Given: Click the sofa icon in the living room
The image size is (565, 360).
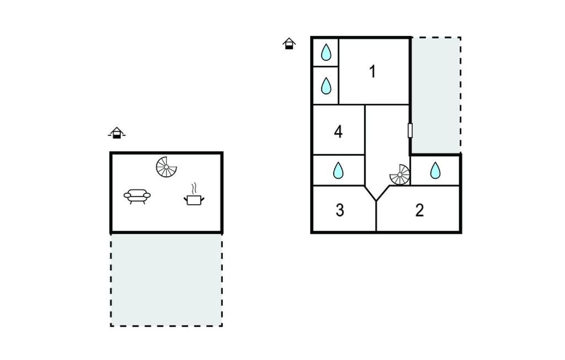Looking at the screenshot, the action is tap(137, 196).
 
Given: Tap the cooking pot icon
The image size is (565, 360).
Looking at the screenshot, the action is tap(194, 199).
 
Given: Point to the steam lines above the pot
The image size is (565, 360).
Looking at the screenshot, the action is tap(194, 188).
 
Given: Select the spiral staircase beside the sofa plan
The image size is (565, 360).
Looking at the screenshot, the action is tap(166, 167).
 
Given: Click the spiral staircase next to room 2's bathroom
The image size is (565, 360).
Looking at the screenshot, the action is tap(399, 175).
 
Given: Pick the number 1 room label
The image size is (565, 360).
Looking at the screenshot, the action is tap(372, 71).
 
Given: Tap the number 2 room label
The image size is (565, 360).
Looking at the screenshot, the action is tap(419, 210).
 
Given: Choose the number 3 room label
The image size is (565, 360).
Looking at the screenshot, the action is tap(340, 210).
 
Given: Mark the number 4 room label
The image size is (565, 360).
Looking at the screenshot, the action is tap(338, 131).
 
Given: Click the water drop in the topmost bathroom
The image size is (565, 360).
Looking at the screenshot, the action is tap(326, 52).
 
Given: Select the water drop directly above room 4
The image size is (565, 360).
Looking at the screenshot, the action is tap(326, 86).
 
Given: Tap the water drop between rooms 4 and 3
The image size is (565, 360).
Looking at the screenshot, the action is tap(338, 170).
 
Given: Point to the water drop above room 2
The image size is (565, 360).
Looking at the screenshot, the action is tap(435, 170).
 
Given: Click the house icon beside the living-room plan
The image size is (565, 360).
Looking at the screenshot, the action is tap(116, 133).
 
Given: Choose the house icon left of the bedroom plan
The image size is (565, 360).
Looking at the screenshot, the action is tap(289, 44).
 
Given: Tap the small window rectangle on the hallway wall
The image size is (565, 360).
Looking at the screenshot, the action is tap(410, 130).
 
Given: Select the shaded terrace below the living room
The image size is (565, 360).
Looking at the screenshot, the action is tap(167, 280).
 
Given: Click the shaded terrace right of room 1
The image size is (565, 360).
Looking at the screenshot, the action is tap(436, 95).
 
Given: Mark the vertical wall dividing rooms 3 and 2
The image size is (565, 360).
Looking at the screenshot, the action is tap(376, 216).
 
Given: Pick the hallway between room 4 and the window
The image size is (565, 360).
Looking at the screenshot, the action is tap(387, 144).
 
